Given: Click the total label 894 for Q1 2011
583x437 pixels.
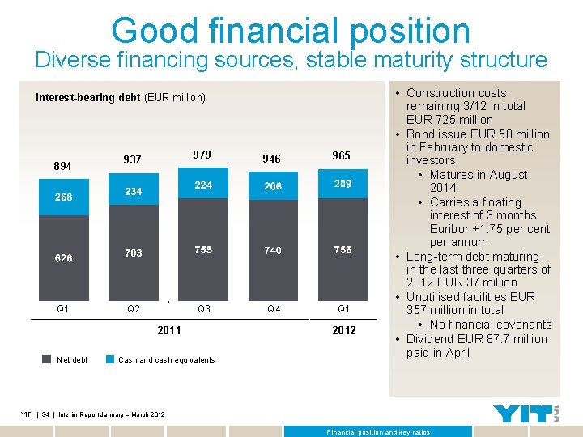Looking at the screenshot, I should (x=62, y=166).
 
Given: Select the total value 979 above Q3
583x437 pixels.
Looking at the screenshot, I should (x=202, y=155).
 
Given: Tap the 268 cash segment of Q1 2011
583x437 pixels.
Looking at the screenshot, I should (x=63, y=197).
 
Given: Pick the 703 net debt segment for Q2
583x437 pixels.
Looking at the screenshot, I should (x=133, y=252).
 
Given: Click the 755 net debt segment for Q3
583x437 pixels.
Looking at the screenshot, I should (x=203, y=249).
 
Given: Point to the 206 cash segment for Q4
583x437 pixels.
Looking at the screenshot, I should (x=273, y=186).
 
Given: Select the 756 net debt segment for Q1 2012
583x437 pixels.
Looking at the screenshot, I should (x=343, y=249).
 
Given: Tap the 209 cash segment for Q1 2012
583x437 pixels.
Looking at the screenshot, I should (x=343, y=184).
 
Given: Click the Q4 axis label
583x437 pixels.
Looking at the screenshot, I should (x=274, y=308).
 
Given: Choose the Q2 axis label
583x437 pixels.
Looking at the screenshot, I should (x=133, y=308).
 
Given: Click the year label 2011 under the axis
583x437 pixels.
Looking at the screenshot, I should (x=168, y=330).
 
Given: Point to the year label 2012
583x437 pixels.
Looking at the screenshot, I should (x=343, y=330).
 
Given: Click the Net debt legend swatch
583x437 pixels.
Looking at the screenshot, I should (x=46, y=359).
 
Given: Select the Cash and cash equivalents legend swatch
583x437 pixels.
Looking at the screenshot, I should (x=110, y=359).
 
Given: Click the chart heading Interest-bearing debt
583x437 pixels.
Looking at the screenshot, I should (x=87, y=98).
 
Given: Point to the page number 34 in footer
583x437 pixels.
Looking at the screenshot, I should (x=45, y=414).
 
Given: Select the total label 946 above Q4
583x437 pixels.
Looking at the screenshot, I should (x=273, y=159).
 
